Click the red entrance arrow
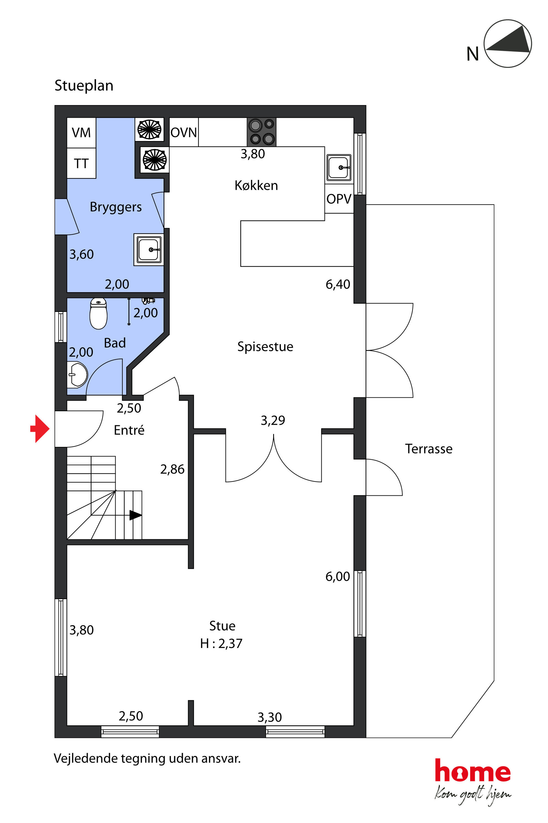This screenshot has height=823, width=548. tap(40, 429)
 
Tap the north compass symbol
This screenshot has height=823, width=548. tap(507, 44)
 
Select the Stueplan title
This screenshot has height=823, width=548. tap(84, 86)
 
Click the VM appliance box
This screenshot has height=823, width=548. tap(81, 133)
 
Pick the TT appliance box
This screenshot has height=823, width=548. tap(81, 163)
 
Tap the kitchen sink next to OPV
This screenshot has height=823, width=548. tap(339, 168)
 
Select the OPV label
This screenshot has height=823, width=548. tap(339, 199)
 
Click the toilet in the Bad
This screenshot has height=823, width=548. tap(99, 314)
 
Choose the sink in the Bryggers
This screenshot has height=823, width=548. tap(149, 249)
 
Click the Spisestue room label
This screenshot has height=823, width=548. tap(265, 347)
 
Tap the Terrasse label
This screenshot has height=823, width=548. tap(429, 449)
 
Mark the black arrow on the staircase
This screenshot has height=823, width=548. tap(136, 515)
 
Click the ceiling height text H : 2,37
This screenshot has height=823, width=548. tap(221, 644)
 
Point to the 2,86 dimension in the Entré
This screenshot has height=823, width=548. tap(172, 469)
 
